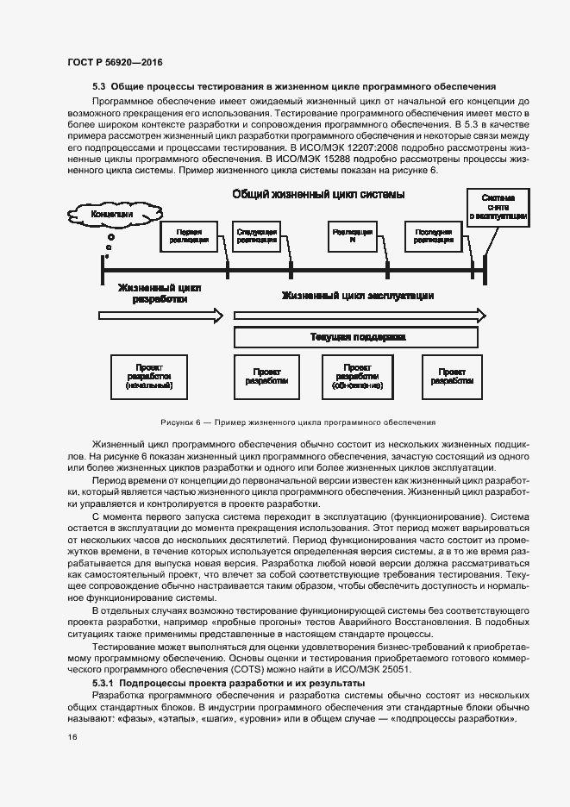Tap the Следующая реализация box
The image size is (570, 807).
[256, 236]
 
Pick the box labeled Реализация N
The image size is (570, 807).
[352, 236]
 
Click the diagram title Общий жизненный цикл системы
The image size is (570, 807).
[318, 195]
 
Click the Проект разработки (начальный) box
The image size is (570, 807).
[149, 377]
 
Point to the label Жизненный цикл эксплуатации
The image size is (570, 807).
[358, 296]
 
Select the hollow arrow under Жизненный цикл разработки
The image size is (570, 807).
[162, 316]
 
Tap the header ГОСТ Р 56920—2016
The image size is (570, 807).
[115, 62]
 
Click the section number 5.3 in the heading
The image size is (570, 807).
[98, 86]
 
